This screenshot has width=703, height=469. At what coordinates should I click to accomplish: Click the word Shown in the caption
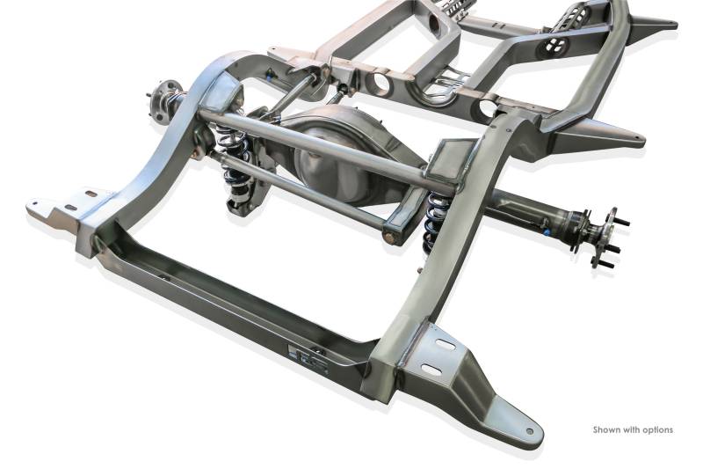coord(606,429)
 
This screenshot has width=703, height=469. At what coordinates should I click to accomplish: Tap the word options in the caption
coord(657,430)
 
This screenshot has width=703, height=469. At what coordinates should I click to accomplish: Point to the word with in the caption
coord(631,429)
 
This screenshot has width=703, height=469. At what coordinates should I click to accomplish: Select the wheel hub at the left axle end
coord(163,100)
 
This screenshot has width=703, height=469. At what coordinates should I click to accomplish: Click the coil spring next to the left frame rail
coord(230,151)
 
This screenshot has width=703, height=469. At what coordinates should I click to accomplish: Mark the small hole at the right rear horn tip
coord(530,431)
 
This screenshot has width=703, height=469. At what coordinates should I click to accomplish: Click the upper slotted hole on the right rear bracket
coord(446,344)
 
